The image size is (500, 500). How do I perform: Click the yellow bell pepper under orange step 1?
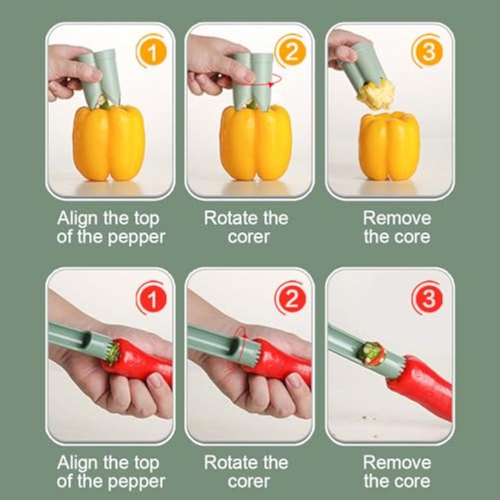click(x=109, y=143)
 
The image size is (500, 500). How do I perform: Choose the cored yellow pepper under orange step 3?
click(x=389, y=146)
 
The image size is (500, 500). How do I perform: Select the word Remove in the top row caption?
click(x=397, y=218)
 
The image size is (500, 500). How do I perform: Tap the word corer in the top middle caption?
click(x=249, y=237)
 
